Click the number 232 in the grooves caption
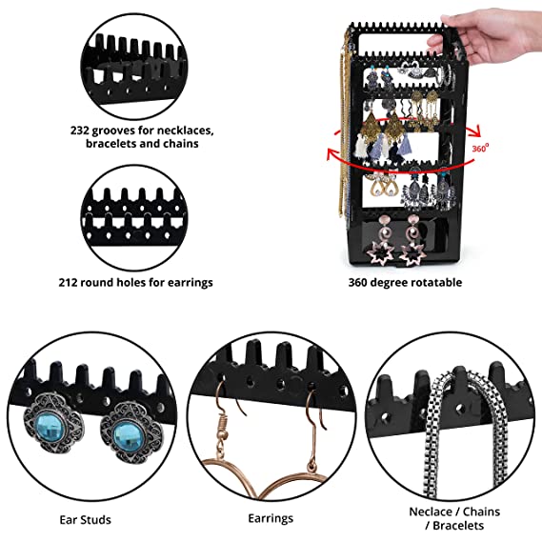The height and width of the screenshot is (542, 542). (x=80, y=129)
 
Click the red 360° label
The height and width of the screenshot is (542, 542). (x=480, y=148)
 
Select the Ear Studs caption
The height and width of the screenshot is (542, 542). (x=85, y=519)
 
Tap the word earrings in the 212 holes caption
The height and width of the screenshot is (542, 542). (x=187, y=281)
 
